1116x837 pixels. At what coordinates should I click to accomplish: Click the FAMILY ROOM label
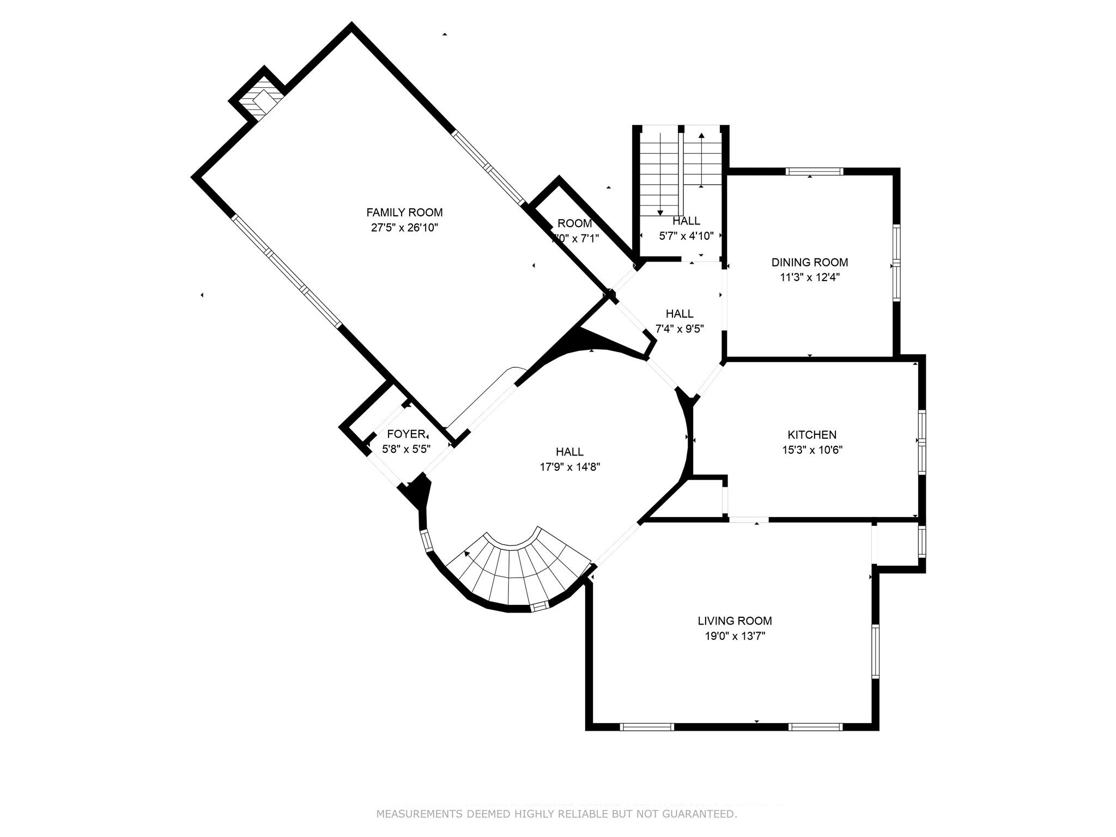pyautogui.click(x=404, y=213)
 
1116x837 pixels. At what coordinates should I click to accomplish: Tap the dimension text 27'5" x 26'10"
pyautogui.click(x=404, y=228)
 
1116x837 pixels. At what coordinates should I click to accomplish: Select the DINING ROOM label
pyautogui.click(x=809, y=262)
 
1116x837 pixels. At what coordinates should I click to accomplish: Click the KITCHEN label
pyautogui.click(x=811, y=435)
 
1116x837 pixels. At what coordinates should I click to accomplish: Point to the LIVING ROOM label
pyautogui.click(x=735, y=621)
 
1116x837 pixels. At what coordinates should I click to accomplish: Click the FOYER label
pyautogui.click(x=406, y=434)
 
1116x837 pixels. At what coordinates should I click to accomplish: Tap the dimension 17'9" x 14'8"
pyautogui.click(x=570, y=467)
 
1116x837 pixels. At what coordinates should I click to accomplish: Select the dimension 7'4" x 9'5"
pyautogui.click(x=679, y=329)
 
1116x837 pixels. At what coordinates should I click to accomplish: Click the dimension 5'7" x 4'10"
pyautogui.click(x=686, y=236)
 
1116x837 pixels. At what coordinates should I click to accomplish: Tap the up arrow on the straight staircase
pyautogui.click(x=701, y=136)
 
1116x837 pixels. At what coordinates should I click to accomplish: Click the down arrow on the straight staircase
pyautogui.click(x=660, y=213)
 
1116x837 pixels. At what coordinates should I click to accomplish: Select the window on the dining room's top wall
pyautogui.click(x=814, y=171)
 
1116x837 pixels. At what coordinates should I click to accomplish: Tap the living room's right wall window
pyautogui.click(x=875, y=651)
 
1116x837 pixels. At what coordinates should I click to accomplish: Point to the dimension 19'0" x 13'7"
pyautogui.click(x=735, y=636)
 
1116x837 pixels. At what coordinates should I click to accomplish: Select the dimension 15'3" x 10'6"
pyautogui.click(x=811, y=450)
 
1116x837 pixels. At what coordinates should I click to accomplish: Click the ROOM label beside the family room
pyautogui.click(x=574, y=223)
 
